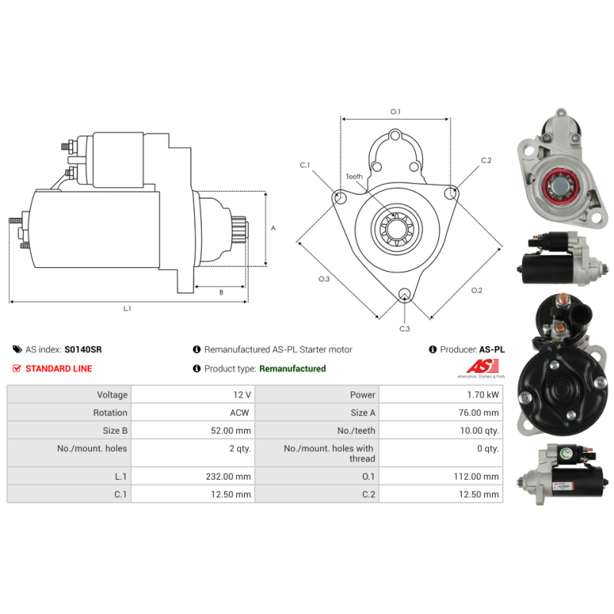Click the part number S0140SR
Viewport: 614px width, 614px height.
click(83, 349)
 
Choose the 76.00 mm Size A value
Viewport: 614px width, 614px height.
click(481, 412)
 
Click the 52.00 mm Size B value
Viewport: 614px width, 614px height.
click(233, 431)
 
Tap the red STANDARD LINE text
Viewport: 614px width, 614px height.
click(58, 368)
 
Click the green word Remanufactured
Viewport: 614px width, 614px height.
click(292, 368)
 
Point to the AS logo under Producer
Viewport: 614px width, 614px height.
click(484, 367)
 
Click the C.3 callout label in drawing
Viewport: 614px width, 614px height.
click(404, 328)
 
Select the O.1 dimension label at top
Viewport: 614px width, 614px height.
click(395, 112)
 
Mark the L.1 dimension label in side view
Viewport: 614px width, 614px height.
click(127, 309)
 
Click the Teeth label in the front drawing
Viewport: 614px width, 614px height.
click(354, 177)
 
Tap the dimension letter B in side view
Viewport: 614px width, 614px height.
click(221, 292)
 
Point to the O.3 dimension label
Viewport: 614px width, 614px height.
click(324, 279)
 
